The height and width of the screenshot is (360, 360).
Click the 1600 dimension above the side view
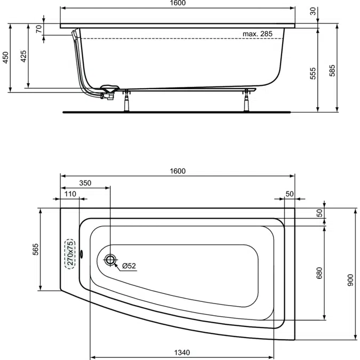(178, 4)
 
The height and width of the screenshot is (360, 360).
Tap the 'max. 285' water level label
(257, 34)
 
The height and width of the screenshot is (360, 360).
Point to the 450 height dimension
(6, 58)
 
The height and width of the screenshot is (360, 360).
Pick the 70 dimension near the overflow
(39, 29)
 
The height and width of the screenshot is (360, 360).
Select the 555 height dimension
(314, 73)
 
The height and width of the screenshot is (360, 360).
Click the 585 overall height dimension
(333, 69)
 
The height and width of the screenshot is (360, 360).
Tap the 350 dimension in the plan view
(85, 183)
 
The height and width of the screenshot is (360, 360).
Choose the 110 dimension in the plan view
(70, 194)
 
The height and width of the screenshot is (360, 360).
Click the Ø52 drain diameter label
(130, 265)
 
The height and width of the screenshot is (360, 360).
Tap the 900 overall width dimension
(350, 282)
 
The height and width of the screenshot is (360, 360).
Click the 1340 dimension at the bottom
(182, 352)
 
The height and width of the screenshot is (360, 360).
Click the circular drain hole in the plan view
(110, 260)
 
